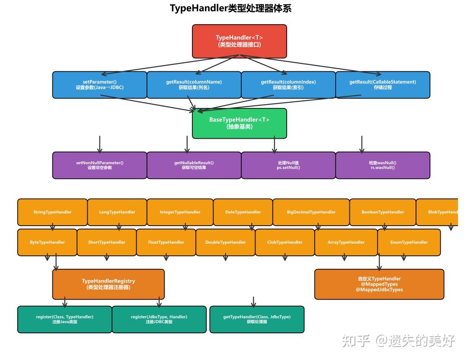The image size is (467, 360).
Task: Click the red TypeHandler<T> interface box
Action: [239, 41]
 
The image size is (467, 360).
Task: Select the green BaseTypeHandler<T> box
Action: [239, 123]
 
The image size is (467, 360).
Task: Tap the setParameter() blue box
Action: [99, 85]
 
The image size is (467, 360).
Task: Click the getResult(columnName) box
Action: [194, 85]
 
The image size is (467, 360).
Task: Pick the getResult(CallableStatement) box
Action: [383, 85]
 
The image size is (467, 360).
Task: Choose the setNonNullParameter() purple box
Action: [99, 165]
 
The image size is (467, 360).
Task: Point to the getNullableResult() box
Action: [194, 165]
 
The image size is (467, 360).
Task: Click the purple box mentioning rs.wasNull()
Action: [383, 165]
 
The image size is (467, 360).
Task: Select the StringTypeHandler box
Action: [52, 212]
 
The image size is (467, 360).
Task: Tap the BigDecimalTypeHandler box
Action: [311, 212]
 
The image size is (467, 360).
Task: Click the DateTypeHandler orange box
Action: [243, 212]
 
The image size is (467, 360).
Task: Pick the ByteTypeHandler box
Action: [47, 242]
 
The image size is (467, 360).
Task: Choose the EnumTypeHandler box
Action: [409, 242]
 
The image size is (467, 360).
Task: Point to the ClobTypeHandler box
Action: [285, 242]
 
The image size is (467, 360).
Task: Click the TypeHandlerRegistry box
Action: [108, 284]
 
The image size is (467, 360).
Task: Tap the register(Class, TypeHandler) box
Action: [64, 319]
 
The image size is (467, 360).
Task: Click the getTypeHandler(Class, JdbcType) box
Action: [257, 319]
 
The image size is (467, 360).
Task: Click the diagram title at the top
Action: [230, 9]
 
